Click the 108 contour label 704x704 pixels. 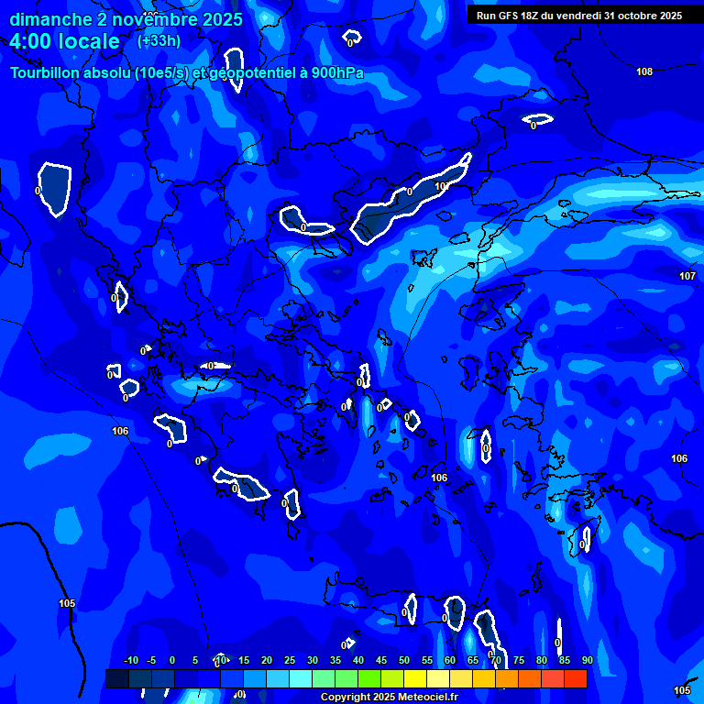click(644, 71)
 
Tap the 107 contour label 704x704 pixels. click(687, 276)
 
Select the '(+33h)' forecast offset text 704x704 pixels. click(159, 41)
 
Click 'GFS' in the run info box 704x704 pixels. click(511, 16)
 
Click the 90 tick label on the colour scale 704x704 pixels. click(587, 660)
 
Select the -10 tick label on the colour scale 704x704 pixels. click(130, 660)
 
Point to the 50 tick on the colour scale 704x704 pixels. click(403, 660)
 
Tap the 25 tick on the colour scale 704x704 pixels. click(289, 660)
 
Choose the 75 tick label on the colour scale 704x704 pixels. click(518, 660)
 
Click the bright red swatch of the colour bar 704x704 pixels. click(575, 678)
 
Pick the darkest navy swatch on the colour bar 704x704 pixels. click(116, 678)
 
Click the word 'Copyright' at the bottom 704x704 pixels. click(346, 698)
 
